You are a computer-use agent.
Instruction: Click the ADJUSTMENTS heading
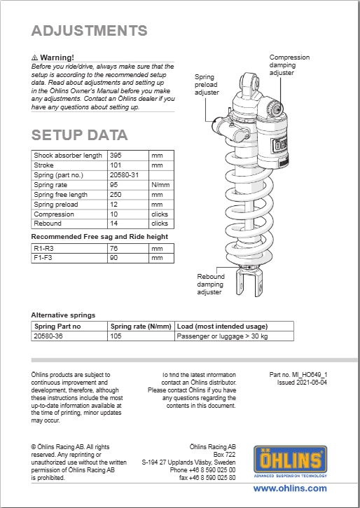(89, 31)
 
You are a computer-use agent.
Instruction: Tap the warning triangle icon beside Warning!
(34, 58)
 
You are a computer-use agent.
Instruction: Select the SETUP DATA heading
(79, 135)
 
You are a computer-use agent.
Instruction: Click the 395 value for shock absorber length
(116, 156)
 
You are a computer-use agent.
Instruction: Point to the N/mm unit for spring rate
(160, 185)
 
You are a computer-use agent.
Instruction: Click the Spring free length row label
(60, 195)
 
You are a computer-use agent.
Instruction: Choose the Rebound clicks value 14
(113, 224)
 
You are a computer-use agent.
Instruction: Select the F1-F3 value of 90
(113, 258)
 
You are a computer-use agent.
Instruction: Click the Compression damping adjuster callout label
(289, 65)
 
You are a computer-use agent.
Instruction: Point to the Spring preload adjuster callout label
(207, 85)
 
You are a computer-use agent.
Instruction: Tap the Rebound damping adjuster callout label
(210, 284)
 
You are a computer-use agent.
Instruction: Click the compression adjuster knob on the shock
(276, 109)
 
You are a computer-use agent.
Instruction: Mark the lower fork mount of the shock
(249, 283)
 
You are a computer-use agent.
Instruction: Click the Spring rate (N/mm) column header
(141, 327)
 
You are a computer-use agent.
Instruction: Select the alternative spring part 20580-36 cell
(48, 336)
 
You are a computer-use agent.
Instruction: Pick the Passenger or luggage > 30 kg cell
(222, 336)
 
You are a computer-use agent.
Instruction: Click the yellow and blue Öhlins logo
(290, 461)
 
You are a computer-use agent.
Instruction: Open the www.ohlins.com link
(290, 488)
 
